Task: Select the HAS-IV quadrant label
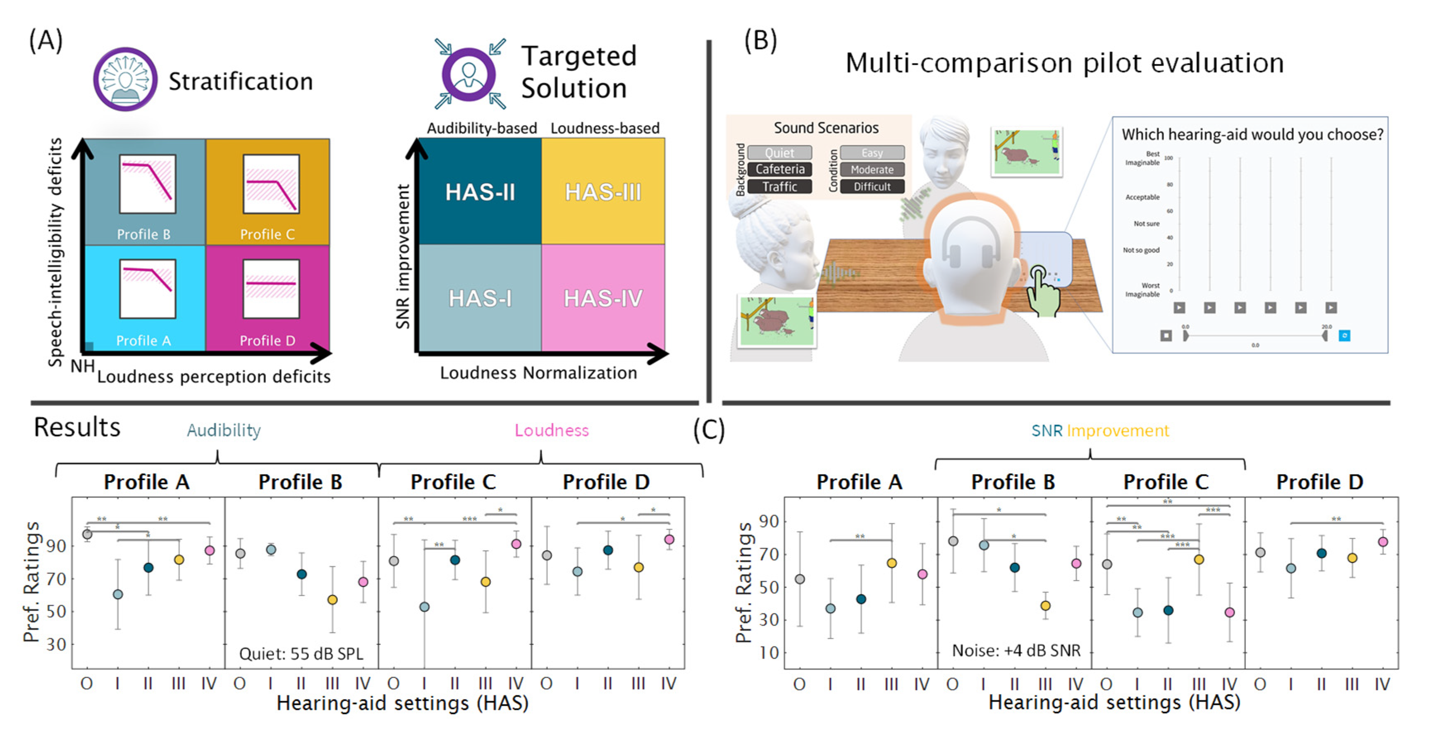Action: point(603,299)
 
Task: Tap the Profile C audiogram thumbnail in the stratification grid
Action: point(271,184)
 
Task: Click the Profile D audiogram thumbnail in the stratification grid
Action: point(271,289)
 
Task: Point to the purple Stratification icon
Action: point(125,79)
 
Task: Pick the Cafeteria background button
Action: point(779,169)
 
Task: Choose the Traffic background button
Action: point(779,186)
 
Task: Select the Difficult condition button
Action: point(872,186)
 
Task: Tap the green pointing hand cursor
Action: point(1042,291)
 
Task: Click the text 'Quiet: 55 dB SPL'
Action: point(301,654)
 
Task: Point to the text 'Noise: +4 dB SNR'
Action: point(1016,650)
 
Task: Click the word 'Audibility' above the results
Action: point(224,430)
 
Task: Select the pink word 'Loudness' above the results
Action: point(552,430)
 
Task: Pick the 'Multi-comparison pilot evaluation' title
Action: point(1064,63)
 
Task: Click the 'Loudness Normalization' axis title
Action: point(538,373)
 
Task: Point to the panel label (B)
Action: point(760,40)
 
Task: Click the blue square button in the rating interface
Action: point(1344,336)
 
